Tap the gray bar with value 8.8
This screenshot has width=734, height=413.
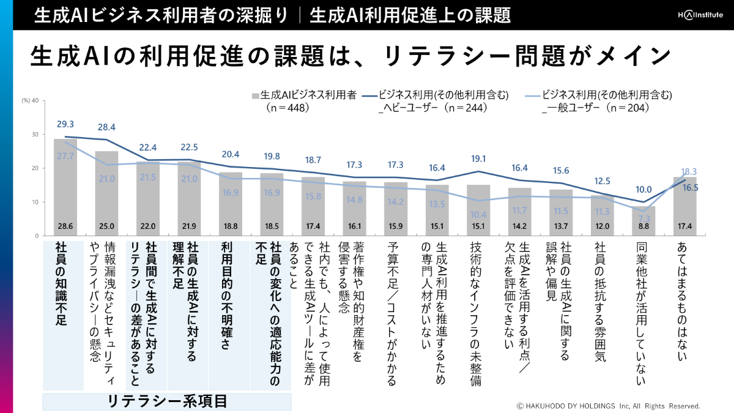coord(643,221)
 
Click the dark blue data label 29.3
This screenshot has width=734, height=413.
coord(65,124)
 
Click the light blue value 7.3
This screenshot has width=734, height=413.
coord(643,218)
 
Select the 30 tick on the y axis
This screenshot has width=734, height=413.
coord(34,135)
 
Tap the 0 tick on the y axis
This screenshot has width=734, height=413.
coord(37,236)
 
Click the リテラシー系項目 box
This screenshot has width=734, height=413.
coord(167,401)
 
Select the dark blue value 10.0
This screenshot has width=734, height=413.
coord(643,190)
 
